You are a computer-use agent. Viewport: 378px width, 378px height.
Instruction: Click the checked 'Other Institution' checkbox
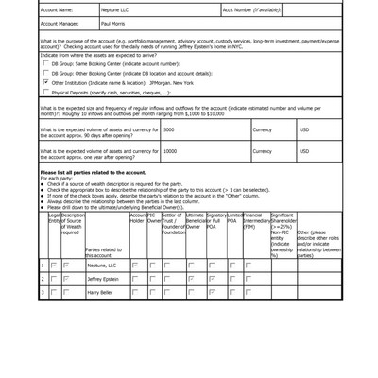click(x=45, y=83)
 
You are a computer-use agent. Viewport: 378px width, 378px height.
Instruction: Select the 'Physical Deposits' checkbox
click(x=45, y=93)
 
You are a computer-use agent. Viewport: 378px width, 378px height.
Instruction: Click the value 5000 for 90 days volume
click(x=169, y=129)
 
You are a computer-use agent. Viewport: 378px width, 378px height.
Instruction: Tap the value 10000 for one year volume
click(x=171, y=150)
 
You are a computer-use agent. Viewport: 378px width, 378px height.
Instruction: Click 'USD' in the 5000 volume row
click(x=304, y=129)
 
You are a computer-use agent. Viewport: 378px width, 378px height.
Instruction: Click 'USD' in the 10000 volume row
click(x=304, y=150)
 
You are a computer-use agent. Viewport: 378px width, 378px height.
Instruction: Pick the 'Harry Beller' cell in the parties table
click(x=101, y=293)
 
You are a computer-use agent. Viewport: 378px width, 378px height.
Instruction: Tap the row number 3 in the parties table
click(x=43, y=293)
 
